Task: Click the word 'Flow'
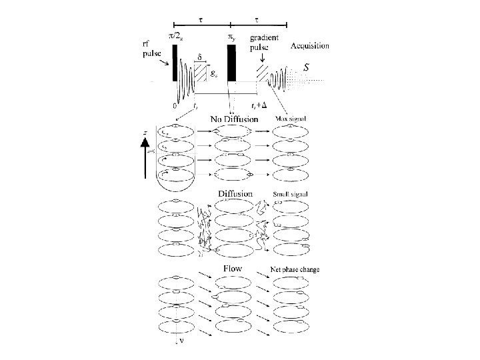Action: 233,269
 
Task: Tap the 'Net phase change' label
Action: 295,269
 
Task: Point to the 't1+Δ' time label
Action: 260,105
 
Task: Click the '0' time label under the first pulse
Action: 174,105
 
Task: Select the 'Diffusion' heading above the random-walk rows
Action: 235,193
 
